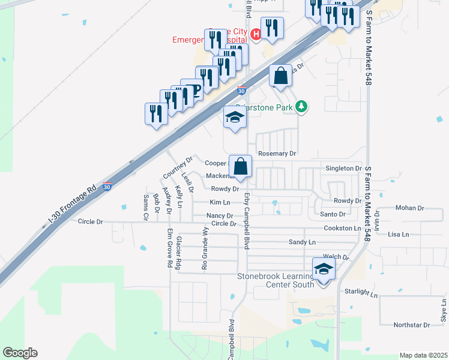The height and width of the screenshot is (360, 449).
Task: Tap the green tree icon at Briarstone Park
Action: click(x=301, y=107)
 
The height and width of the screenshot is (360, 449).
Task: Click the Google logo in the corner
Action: click(x=20, y=353)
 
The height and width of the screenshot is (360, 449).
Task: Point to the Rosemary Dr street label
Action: click(x=277, y=154)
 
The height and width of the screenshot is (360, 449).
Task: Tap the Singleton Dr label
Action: click(x=343, y=169)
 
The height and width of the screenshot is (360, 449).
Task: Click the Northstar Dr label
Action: click(x=411, y=325)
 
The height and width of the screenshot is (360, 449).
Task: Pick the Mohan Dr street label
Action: click(x=409, y=208)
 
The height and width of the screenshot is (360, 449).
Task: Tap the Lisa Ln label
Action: click(x=399, y=234)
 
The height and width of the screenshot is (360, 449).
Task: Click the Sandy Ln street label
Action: click(x=302, y=242)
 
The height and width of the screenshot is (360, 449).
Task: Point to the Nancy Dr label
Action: click(x=219, y=215)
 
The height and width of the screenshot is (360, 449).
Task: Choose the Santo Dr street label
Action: click(x=333, y=214)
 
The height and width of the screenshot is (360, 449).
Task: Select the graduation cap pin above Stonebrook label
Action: click(x=324, y=269)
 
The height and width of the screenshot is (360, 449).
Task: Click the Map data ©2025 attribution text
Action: click(x=423, y=355)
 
